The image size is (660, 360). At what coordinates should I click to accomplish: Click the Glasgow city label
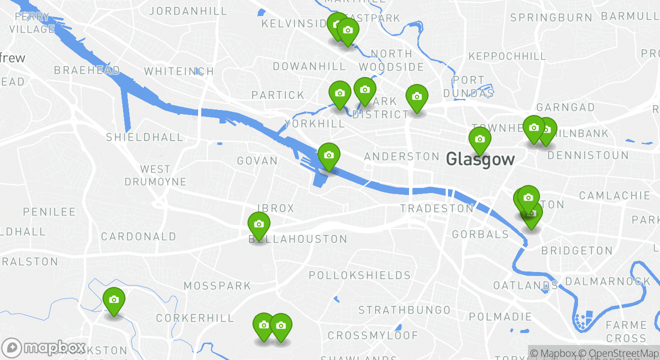480,159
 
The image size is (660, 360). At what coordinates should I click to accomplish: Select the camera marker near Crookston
114,300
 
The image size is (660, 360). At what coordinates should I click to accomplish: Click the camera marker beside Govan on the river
328,155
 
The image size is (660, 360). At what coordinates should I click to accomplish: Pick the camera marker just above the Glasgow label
479,139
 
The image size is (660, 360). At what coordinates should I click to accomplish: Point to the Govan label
257,161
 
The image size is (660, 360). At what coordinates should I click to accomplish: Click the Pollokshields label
359,275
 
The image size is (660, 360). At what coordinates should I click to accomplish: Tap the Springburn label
551,18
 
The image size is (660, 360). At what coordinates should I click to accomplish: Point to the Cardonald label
138,236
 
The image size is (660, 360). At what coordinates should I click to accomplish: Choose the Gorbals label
480,234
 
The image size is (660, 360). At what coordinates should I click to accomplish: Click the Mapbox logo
44,347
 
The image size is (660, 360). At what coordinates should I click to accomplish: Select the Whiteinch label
179,71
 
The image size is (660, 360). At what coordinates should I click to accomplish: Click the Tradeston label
436,208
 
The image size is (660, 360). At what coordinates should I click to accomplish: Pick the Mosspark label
217,286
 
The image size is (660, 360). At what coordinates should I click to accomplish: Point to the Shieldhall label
137,137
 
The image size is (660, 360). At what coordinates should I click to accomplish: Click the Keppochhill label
507,56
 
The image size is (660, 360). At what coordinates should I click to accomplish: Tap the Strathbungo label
404,310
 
